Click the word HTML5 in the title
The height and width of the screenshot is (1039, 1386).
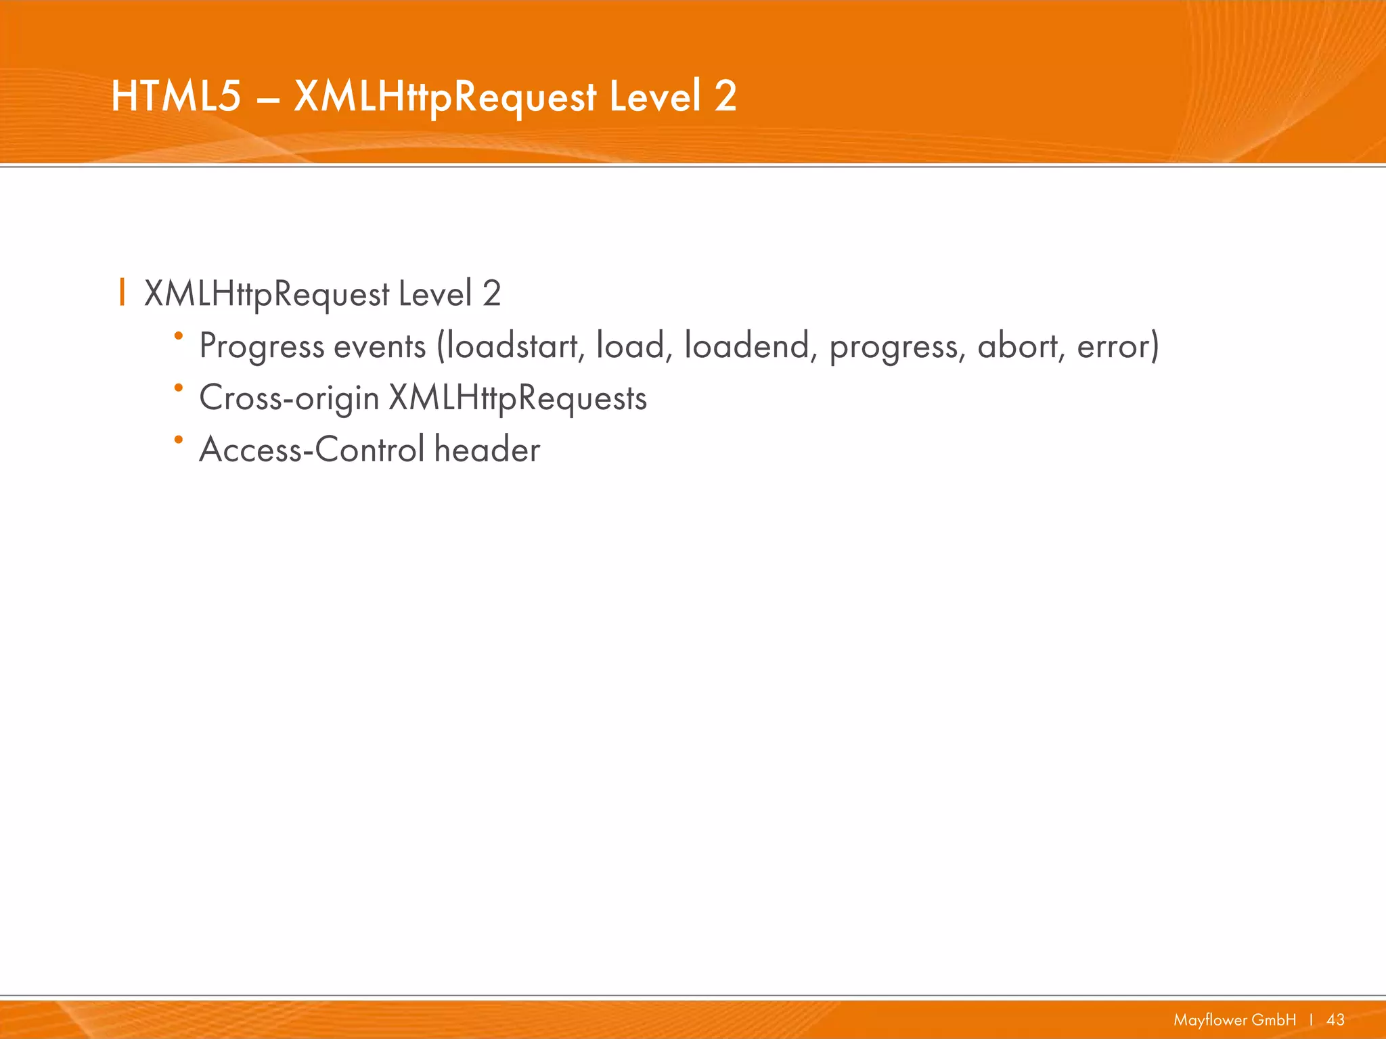click(x=176, y=96)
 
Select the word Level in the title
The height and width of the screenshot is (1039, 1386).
click(x=655, y=96)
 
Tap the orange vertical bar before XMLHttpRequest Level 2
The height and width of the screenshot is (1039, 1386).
click(x=122, y=292)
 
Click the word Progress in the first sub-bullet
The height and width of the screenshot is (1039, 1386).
click(x=262, y=346)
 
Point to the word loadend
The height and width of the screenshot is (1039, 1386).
click(x=746, y=346)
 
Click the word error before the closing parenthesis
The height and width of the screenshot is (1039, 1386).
click(x=1113, y=346)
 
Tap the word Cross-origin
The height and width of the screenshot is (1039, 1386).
click(x=289, y=398)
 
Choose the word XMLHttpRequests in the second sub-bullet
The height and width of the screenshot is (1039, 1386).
click(x=518, y=398)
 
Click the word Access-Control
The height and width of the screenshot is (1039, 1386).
click(x=312, y=450)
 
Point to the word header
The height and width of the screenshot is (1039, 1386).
click(x=487, y=450)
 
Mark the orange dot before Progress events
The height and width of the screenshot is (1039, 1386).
click(x=179, y=336)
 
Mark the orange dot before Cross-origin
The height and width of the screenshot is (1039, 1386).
click(x=179, y=388)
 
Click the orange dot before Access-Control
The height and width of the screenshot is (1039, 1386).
click(x=179, y=440)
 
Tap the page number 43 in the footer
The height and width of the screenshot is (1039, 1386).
click(x=1335, y=1019)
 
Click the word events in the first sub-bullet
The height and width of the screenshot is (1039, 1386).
click(x=380, y=346)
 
